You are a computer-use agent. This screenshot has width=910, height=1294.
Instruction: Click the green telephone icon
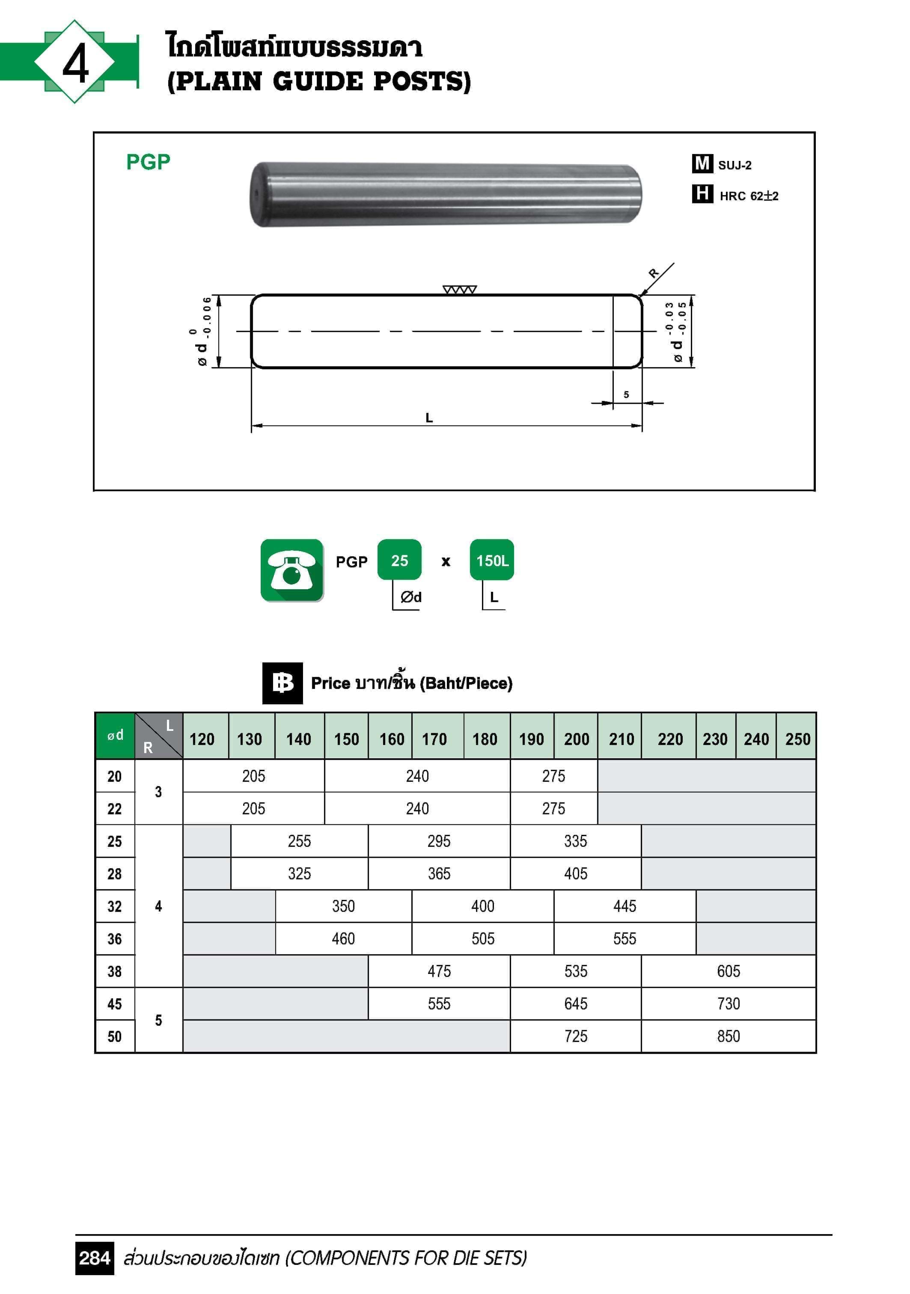pyautogui.click(x=291, y=570)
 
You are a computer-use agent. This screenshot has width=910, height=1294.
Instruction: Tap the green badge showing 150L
pyautogui.click(x=492, y=560)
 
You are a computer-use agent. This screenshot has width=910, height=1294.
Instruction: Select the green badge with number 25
pyautogui.click(x=399, y=560)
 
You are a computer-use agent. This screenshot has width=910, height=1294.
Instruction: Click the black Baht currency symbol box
pyautogui.click(x=283, y=683)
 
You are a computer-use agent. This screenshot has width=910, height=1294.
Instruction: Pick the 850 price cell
pyautogui.click(x=728, y=1036)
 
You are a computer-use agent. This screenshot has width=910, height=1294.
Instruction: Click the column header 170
pyautogui.click(x=434, y=739)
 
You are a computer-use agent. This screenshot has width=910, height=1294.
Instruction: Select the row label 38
pyautogui.click(x=114, y=971)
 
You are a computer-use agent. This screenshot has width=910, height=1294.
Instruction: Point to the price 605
pyautogui.click(x=728, y=970)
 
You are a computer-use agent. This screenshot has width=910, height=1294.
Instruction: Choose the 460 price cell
pyautogui.click(x=343, y=938)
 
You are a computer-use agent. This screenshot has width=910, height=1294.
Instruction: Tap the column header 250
pyautogui.click(x=797, y=739)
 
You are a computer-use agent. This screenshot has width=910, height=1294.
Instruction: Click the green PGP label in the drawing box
pyautogui.click(x=148, y=162)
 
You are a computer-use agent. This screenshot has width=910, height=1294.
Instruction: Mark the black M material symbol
pyautogui.click(x=702, y=163)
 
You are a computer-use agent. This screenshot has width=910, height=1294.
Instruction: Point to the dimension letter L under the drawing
pyautogui.click(x=429, y=418)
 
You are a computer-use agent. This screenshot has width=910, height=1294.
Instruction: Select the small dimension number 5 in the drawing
pyautogui.click(x=626, y=395)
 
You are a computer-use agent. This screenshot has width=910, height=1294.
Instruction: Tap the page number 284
pyautogui.click(x=94, y=1258)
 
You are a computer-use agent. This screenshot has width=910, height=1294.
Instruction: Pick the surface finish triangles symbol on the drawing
pyautogui.click(x=460, y=290)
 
